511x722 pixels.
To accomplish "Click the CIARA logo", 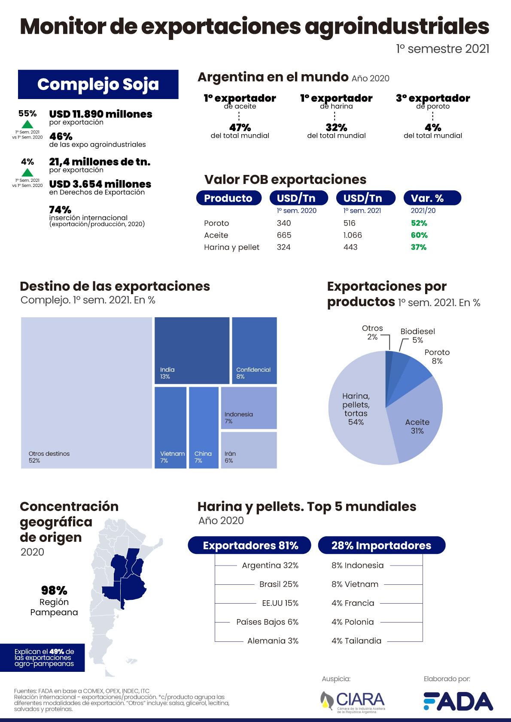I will (x=353, y=701).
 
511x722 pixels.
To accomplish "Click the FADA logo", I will (x=458, y=701).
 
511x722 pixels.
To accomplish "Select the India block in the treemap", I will (x=192, y=350).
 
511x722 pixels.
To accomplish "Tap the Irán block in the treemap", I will (x=249, y=450).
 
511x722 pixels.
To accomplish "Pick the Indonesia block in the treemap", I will (x=249, y=408).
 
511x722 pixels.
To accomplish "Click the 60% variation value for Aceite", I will (x=419, y=235).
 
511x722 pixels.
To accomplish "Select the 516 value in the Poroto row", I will (x=350, y=223).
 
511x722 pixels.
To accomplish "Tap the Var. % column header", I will (x=432, y=198).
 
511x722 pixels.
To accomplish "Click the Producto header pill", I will (x=228, y=198).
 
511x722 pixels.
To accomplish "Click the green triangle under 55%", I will (x=27, y=124).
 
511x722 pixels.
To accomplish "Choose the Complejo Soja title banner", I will (x=98, y=84).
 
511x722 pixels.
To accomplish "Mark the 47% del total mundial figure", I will (x=240, y=128).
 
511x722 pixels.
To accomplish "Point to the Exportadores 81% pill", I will (x=249, y=545).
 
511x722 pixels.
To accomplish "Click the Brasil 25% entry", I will (x=279, y=584).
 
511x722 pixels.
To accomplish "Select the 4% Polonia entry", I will (x=353, y=622).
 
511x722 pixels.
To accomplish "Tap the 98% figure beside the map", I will (x=54, y=590).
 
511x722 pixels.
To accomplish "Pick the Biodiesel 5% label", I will (x=417, y=335).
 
